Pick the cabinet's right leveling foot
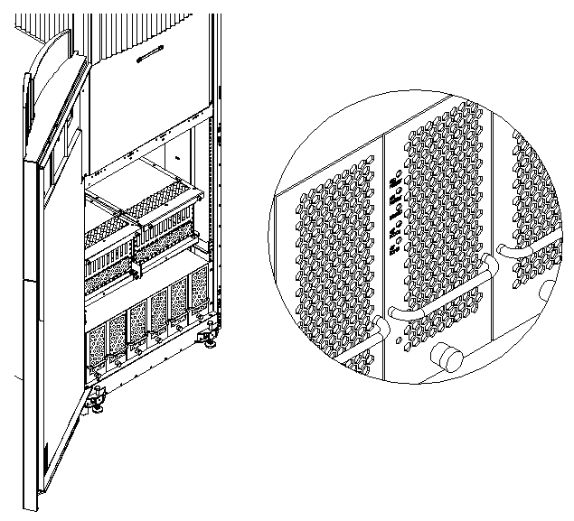(210, 339)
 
